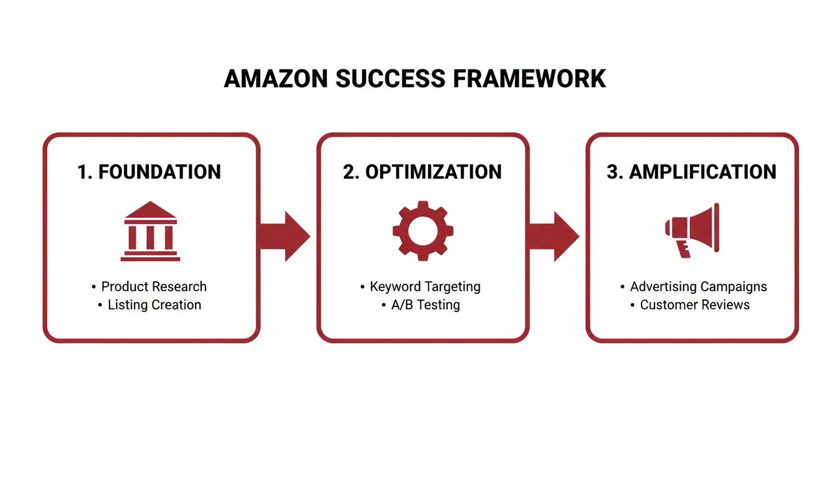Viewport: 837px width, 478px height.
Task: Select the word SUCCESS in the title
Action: pos(390,79)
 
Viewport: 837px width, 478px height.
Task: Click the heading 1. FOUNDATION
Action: pos(149,172)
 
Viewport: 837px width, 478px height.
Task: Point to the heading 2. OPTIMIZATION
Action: pos(422,172)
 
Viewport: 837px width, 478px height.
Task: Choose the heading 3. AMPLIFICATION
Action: pos(691,172)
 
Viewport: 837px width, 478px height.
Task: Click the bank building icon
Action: pos(150,231)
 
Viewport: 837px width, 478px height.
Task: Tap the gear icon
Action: pos(423,230)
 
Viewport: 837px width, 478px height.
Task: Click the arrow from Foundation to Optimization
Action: pos(285,236)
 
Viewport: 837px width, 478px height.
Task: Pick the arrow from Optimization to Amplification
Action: pos(554,236)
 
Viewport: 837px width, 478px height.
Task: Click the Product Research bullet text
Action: pos(153,287)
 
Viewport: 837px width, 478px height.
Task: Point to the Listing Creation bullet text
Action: pos(154,305)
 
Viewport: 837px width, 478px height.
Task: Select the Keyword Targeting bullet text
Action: pos(425,287)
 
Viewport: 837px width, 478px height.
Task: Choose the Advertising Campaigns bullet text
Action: pos(698,287)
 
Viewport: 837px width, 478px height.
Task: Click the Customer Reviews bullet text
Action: pos(694,305)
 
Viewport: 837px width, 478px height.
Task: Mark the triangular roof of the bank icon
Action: pos(150,210)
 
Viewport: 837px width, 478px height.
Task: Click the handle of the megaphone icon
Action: pos(683,247)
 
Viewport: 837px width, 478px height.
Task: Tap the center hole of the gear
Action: pos(423,230)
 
